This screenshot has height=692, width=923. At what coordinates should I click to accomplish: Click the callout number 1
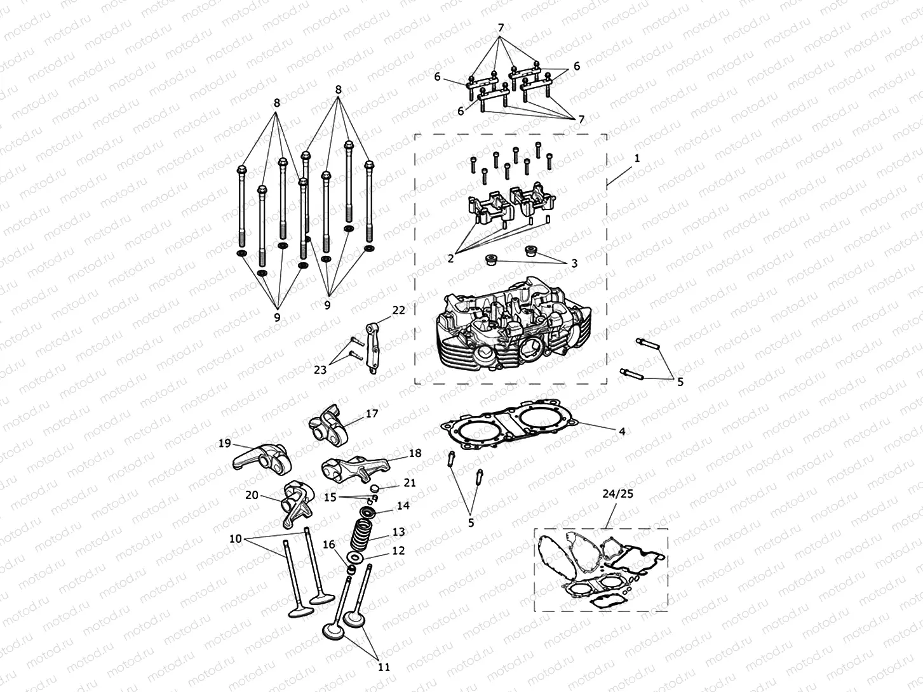(x=637, y=157)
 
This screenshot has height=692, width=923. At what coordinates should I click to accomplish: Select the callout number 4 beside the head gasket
(x=622, y=431)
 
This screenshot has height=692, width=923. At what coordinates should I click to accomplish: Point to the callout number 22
(x=398, y=310)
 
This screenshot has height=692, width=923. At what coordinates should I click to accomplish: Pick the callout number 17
(x=372, y=414)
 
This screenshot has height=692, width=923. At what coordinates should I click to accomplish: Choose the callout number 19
(x=224, y=443)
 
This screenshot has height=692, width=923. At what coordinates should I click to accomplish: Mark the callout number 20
(x=252, y=495)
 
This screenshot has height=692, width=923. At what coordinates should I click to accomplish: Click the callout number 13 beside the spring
(x=398, y=531)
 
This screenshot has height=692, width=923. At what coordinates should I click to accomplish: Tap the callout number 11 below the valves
(x=384, y=667)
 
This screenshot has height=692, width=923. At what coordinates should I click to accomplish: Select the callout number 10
(x=235, y=538)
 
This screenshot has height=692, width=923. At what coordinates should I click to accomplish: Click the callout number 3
(x=574, y=263)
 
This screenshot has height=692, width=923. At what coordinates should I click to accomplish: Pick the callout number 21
(x=410, y=483)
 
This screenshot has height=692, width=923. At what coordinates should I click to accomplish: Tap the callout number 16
(x=328, y=545)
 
